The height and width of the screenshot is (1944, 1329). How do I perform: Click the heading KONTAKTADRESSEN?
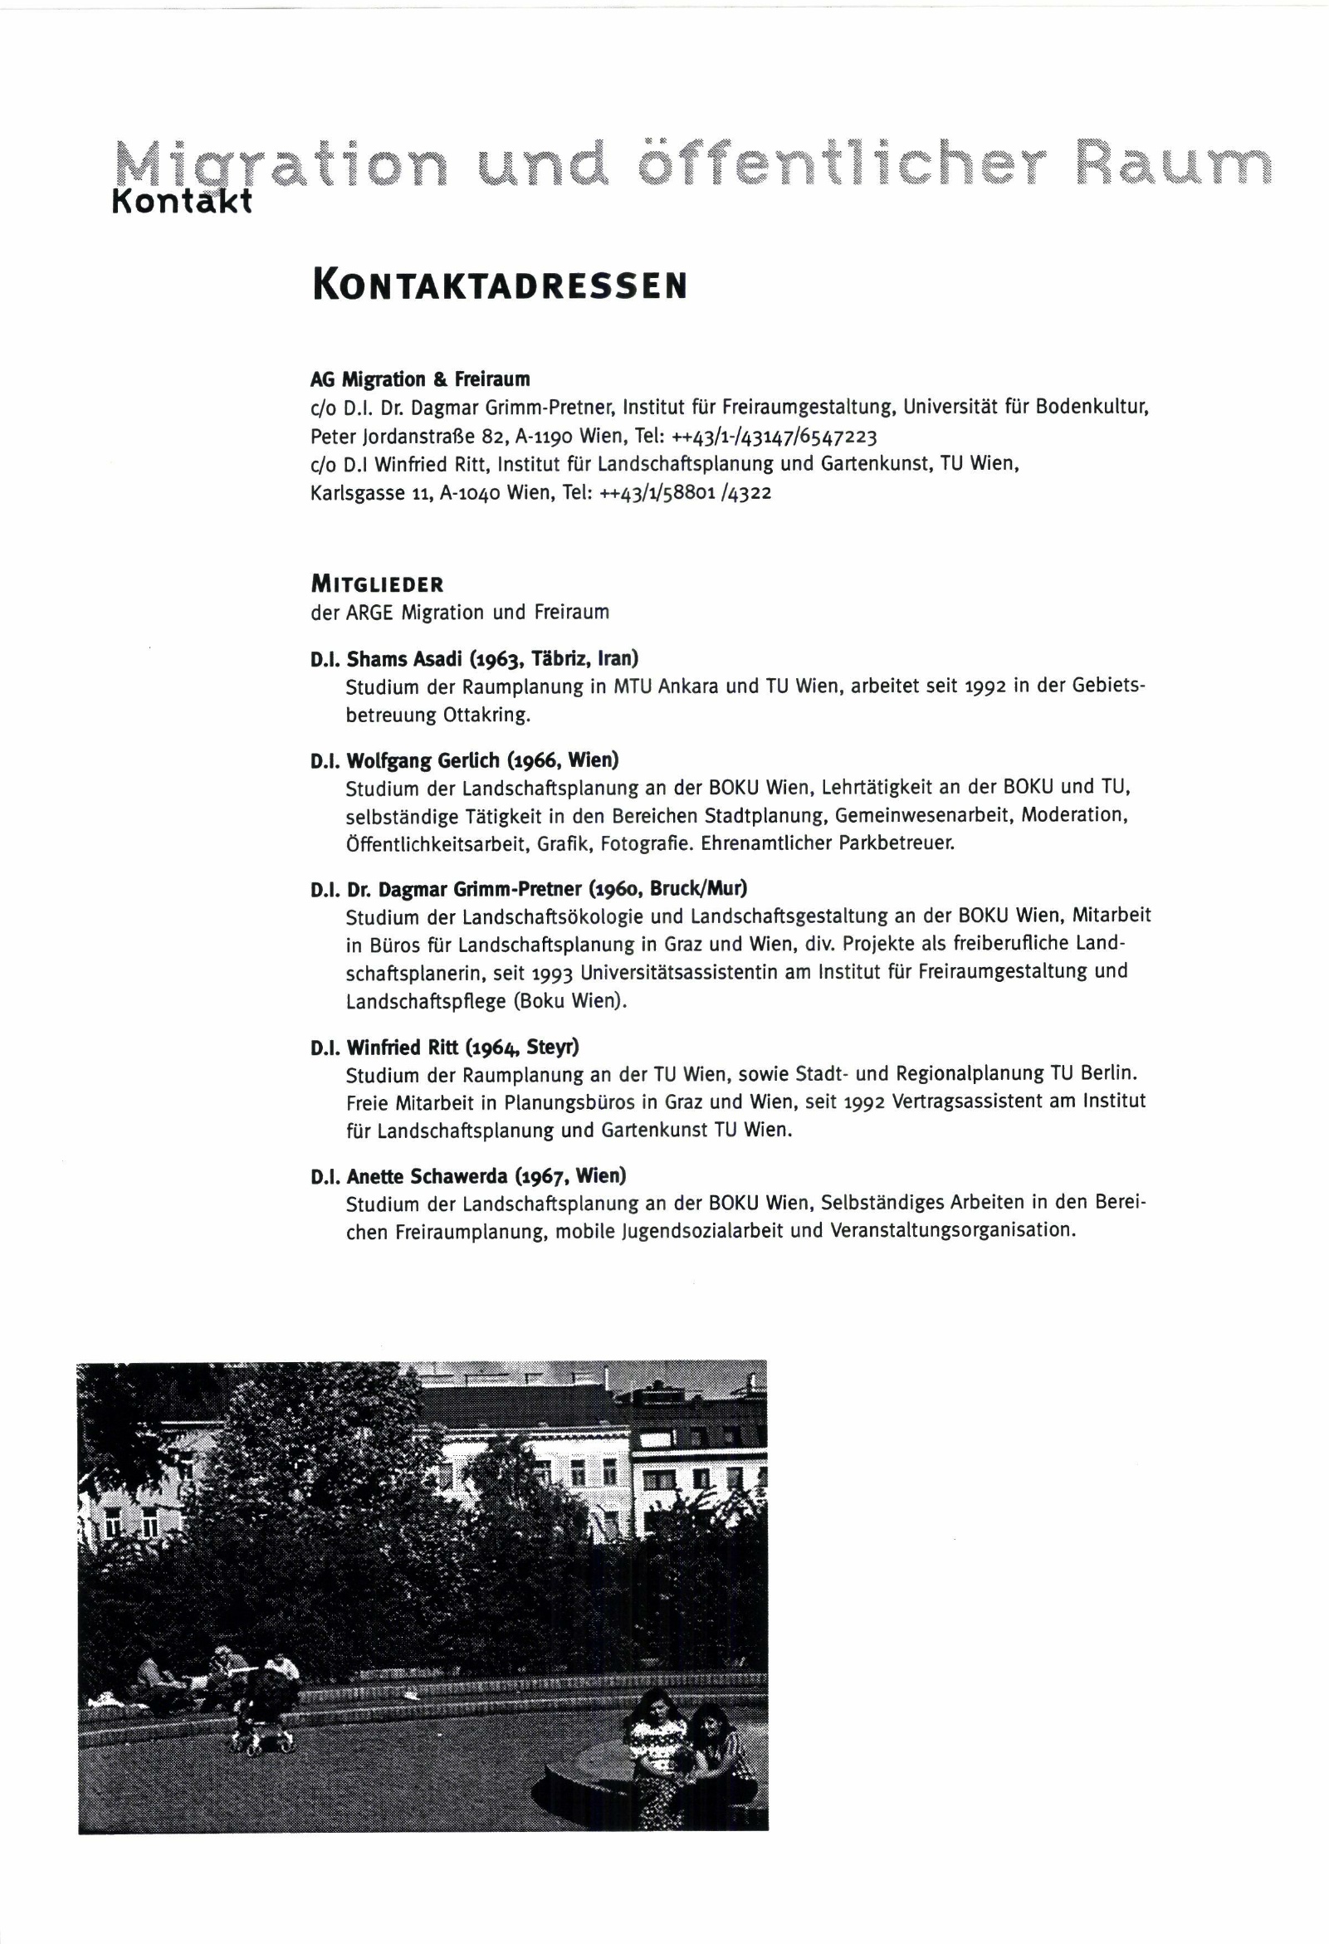coord(500,286)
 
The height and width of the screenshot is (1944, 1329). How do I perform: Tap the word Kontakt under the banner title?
coord(182,202)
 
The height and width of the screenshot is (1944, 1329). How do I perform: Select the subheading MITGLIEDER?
coord(376,584)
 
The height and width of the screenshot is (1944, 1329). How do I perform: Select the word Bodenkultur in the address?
coord(1091,408)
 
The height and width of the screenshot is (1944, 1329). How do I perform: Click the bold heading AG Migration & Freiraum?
coord(420,380)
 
